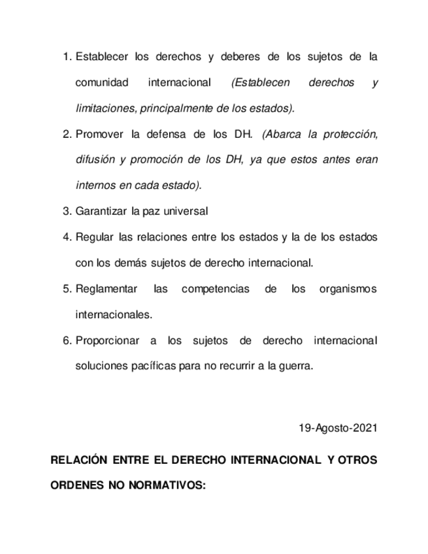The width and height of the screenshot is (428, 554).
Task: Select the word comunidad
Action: point(102,83)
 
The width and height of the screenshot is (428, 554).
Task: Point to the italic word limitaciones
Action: point(106,108)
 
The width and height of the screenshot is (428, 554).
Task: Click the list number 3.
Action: point(66,211)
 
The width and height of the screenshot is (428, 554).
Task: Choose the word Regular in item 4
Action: point(95,237)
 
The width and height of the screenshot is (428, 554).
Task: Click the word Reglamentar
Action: point(107,289)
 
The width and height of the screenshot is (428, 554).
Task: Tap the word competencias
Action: point(216,289)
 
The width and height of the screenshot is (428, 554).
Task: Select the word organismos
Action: point(348,289)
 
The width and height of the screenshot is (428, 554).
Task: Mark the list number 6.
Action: point(66,340)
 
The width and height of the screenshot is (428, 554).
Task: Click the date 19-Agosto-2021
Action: point(338,428)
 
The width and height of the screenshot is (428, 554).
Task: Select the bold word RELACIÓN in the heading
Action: point(79,460)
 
